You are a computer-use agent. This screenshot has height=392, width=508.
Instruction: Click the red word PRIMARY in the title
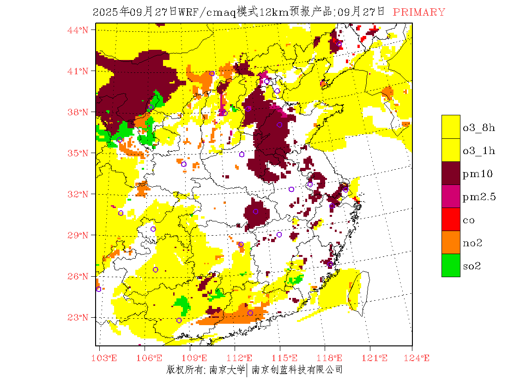[419, 12]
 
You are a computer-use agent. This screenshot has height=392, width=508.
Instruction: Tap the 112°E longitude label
[242, 358]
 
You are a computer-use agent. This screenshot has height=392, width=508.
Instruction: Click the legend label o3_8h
[479, 128]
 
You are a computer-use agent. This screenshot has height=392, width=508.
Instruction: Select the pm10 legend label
[478, 174]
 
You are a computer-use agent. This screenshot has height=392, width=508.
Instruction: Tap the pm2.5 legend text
[479, 197]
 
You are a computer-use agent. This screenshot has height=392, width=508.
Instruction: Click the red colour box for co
[451, 219]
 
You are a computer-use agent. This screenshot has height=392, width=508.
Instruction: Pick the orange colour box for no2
[451, 242]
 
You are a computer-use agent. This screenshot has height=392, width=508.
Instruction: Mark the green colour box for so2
[451, 265]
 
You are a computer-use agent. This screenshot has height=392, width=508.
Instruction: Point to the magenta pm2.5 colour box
[451, 196]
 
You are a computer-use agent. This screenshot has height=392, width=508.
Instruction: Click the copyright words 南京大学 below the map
[227, 370]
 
